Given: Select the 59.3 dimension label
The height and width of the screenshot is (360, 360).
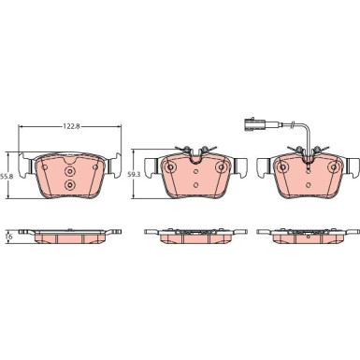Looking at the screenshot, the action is [135, 175].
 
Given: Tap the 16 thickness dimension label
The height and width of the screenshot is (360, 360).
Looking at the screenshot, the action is [9, 237].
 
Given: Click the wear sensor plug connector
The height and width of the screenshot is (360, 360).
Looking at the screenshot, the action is [254, 124].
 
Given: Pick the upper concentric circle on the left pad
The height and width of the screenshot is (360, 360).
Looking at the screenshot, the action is [69, 171].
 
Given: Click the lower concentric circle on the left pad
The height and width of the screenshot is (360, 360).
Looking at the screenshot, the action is [69, 185].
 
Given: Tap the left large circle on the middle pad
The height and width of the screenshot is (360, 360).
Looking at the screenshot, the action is [170, 167].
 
